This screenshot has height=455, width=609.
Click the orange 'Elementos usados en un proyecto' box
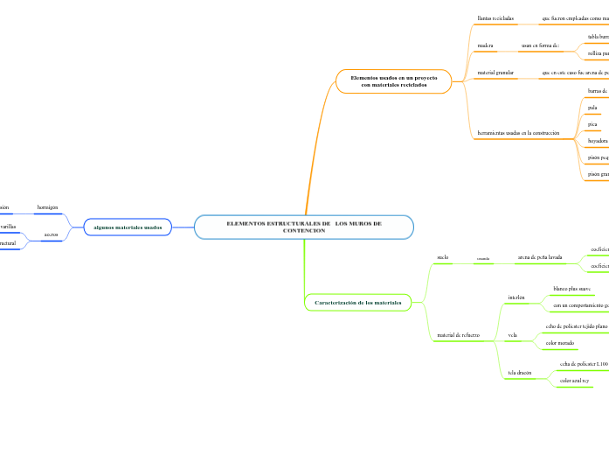click(x=393, y=81)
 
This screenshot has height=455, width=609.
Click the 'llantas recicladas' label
click(x=495, y=17)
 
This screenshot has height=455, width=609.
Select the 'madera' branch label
click(x=486, y=45)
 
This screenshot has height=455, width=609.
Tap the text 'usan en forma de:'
click(x=540, y=45)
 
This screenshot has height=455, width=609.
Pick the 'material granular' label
click(x=495, y=73)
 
